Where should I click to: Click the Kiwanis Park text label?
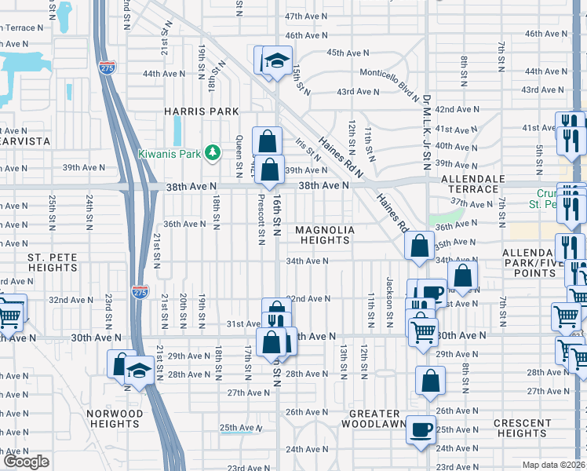[170, 154]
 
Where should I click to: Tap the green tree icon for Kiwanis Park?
[211, 152]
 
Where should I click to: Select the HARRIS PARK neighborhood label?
[201, 111]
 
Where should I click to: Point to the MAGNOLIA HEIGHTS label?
[325, 235]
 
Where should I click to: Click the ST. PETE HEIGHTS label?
[52, 262]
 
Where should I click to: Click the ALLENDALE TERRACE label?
[472, 184]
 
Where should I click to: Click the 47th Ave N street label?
[304, 16]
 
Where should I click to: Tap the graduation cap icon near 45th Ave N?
[276, 60]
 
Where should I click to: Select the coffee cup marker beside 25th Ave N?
[422, 429]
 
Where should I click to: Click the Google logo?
[26, 462]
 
